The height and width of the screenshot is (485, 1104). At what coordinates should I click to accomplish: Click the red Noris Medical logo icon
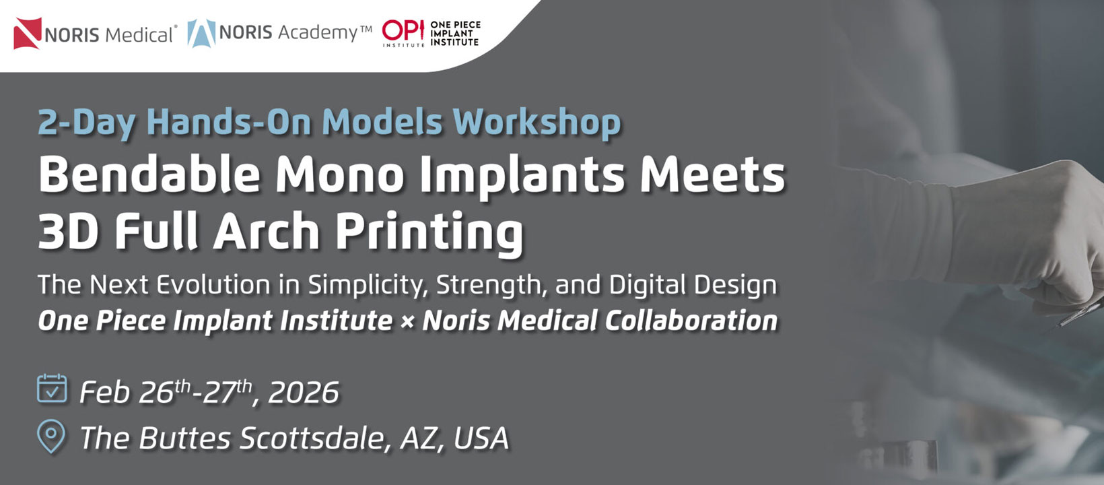(28, 34)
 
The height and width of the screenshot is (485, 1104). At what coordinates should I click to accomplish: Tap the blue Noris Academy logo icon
(201, 34)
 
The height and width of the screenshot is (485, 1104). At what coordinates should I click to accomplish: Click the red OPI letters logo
(403, 30)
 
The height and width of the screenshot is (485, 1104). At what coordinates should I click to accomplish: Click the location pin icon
(51, 436)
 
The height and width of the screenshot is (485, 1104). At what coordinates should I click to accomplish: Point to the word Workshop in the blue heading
(537, 123)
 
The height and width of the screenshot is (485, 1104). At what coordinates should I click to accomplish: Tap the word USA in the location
(481, 438)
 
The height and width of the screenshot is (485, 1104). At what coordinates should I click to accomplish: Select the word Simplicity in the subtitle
(368, 285)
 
